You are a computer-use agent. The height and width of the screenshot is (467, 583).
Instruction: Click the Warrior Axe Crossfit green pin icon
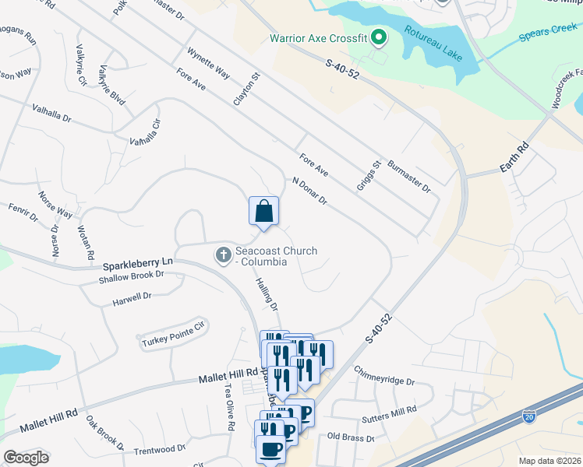pyautogui.click(x=378, y=37)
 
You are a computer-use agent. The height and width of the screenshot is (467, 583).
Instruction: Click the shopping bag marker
pyautogui.click(x=263, y=212)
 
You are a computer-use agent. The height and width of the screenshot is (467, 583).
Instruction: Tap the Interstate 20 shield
pyautogui.click(x=529, y=418)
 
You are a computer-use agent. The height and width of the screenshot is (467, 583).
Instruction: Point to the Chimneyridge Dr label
pyautogui.click(x=383, y=376)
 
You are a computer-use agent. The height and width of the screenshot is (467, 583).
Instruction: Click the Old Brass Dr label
pyautogui.click(x=351, y=437)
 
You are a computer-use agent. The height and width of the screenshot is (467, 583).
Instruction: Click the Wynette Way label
pyautogui.click(x=208, y=64)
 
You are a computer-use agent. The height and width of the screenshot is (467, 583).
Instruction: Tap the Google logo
pyautogui.click(x=26, y=458)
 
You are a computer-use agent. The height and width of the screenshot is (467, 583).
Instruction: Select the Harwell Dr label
pyautogui.click(x=131, y=297)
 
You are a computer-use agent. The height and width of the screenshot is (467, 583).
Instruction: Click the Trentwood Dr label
pyautogui.click(x=159, y=449)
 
